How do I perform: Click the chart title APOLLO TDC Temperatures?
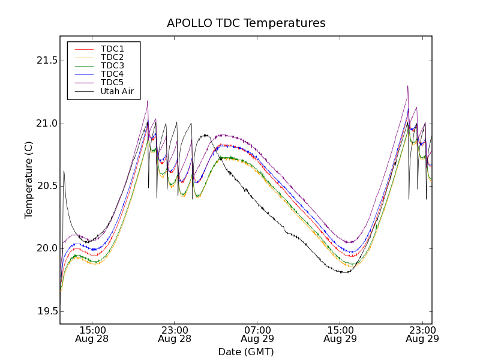point(246,23)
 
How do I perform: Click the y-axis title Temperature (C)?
point(29,180)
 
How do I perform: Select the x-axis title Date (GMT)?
point(246,352)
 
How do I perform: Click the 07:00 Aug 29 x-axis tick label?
point(257,334)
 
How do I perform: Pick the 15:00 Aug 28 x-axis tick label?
point(92,334)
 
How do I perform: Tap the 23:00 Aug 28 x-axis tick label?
point(175,334)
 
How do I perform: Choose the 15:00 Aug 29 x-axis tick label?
point(340,334)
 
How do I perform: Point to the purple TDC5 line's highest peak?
point(407,86)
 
